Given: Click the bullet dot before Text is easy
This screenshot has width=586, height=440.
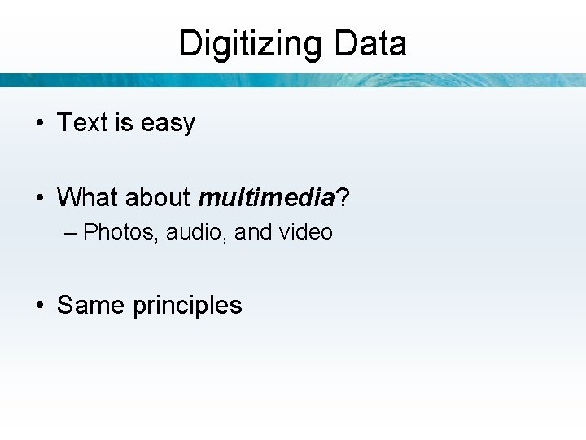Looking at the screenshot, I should pyautogui.click(x=39, y=124).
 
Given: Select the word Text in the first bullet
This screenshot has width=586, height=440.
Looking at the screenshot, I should pyautogui.click(x=82, y=123).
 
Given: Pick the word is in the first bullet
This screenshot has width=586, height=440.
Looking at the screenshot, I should pyautogui.click(x=124, y=123).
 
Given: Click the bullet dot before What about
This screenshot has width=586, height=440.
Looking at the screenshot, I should pyautogui.click(x=39, y=198).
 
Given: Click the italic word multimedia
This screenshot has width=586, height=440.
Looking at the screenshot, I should pyautogui.click(x=266, y=197).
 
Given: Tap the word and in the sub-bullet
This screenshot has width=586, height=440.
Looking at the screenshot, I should pyautogui.click(x=253, y=232).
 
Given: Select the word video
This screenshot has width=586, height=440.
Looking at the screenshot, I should pyautogui.click(x=305, y=232).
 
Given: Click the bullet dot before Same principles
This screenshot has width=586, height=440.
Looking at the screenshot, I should pyautogui.click(x=39, y=306).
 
